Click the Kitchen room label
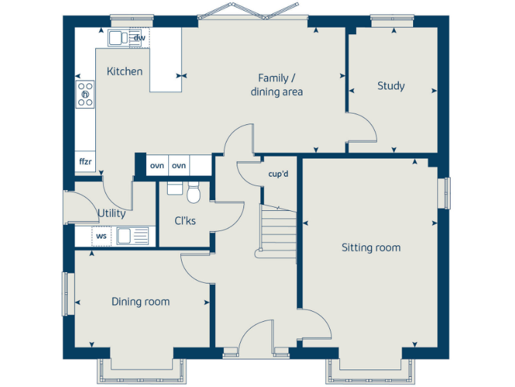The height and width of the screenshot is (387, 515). pos(125,71)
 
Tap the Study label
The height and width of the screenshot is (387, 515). pos(390,86)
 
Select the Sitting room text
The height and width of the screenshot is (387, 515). pos(371,248)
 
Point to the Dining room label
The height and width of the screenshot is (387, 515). pos(140,302)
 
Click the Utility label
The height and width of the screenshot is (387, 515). pos(111,214)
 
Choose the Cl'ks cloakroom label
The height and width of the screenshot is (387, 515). pos(185,220)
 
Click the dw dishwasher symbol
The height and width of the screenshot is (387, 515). pos(139,38)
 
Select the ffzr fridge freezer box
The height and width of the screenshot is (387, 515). pos(85,162)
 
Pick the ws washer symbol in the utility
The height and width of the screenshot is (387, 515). pos(101,236)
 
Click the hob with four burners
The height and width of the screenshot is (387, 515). pos(85,95)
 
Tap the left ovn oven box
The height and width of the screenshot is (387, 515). pos(157,165)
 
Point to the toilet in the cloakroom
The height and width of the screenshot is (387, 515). pos(194,193)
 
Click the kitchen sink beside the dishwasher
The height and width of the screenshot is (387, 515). pos(119,38)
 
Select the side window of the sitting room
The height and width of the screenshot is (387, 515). pos(444,193)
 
